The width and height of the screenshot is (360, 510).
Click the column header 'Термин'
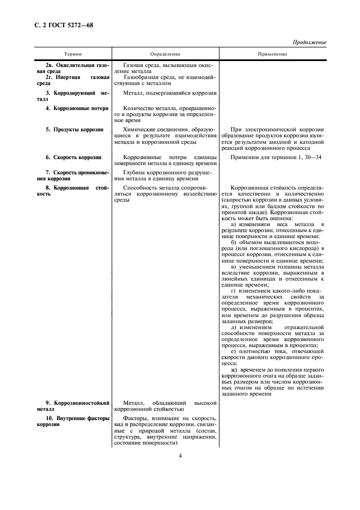coord(74,54)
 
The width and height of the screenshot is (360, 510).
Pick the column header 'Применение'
coord(273,54)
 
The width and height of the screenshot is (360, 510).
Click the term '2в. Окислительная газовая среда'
coord(74,69)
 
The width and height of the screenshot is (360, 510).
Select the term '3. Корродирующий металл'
coord(74,96)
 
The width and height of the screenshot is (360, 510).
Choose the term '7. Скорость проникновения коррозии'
coord(74,175)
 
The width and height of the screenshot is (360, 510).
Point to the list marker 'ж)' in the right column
coord(235,369)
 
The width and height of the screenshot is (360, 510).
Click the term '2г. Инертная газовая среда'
coord(74,81)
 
